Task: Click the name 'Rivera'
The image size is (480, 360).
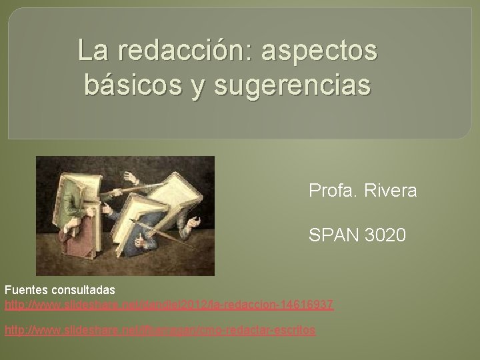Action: pyautogui.click(x=393, y=191)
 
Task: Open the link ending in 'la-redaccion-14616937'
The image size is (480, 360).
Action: pyautogui.click(x=169, y=305)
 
